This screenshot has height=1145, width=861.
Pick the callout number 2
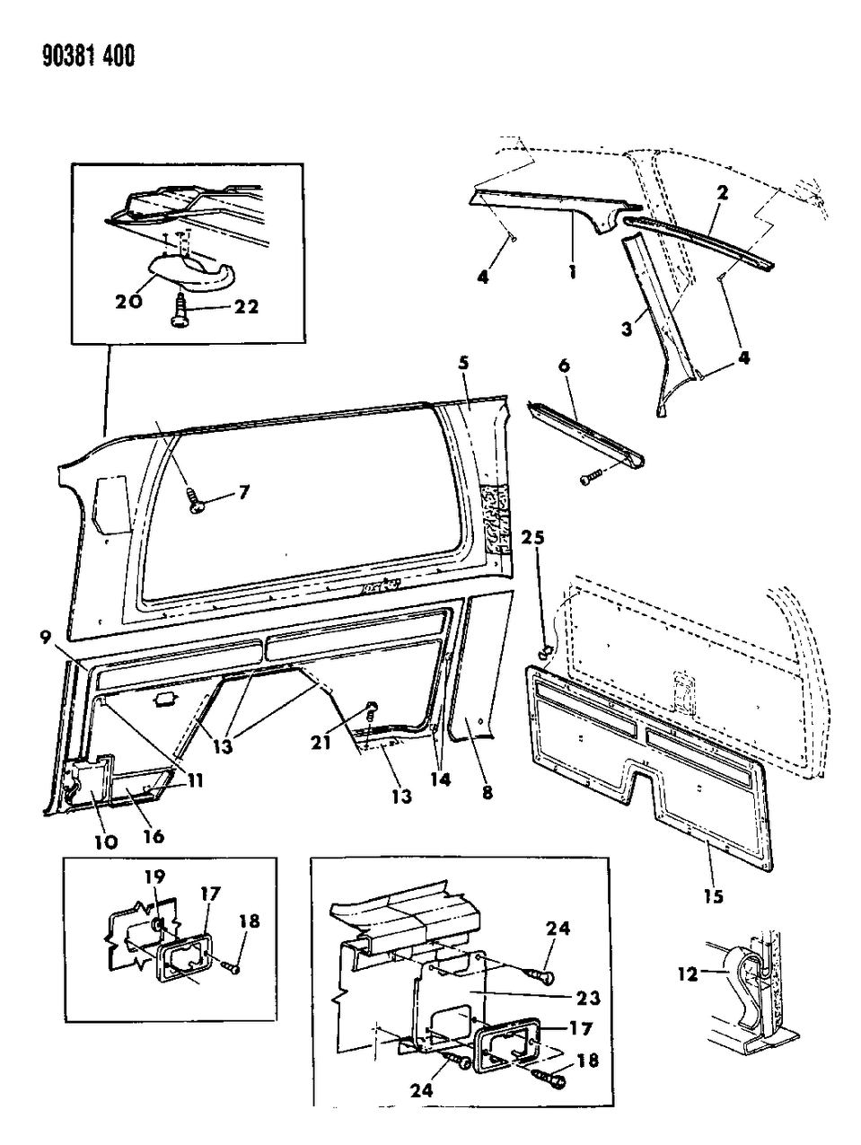[721, 192]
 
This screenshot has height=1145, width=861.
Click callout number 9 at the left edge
[44, 639]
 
